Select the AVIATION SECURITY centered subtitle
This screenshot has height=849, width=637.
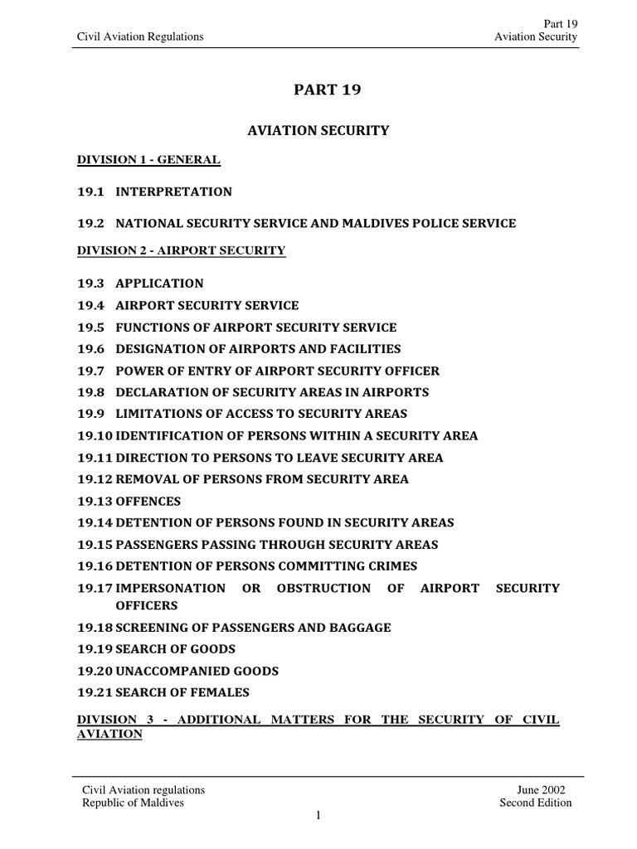pos(318,130)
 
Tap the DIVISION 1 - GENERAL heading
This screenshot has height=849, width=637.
pos(148,160)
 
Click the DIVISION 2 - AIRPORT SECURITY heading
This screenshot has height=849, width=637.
pos(181,250)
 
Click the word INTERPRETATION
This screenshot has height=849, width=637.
pos(173,192)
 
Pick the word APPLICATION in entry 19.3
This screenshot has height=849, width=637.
pos(159,284)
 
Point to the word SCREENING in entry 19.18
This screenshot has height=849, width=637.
pos(151,628)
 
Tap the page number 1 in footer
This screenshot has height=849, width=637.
pos(318,816)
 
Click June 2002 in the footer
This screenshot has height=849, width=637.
pos(547,790)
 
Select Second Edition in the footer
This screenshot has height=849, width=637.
pos(535,803)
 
